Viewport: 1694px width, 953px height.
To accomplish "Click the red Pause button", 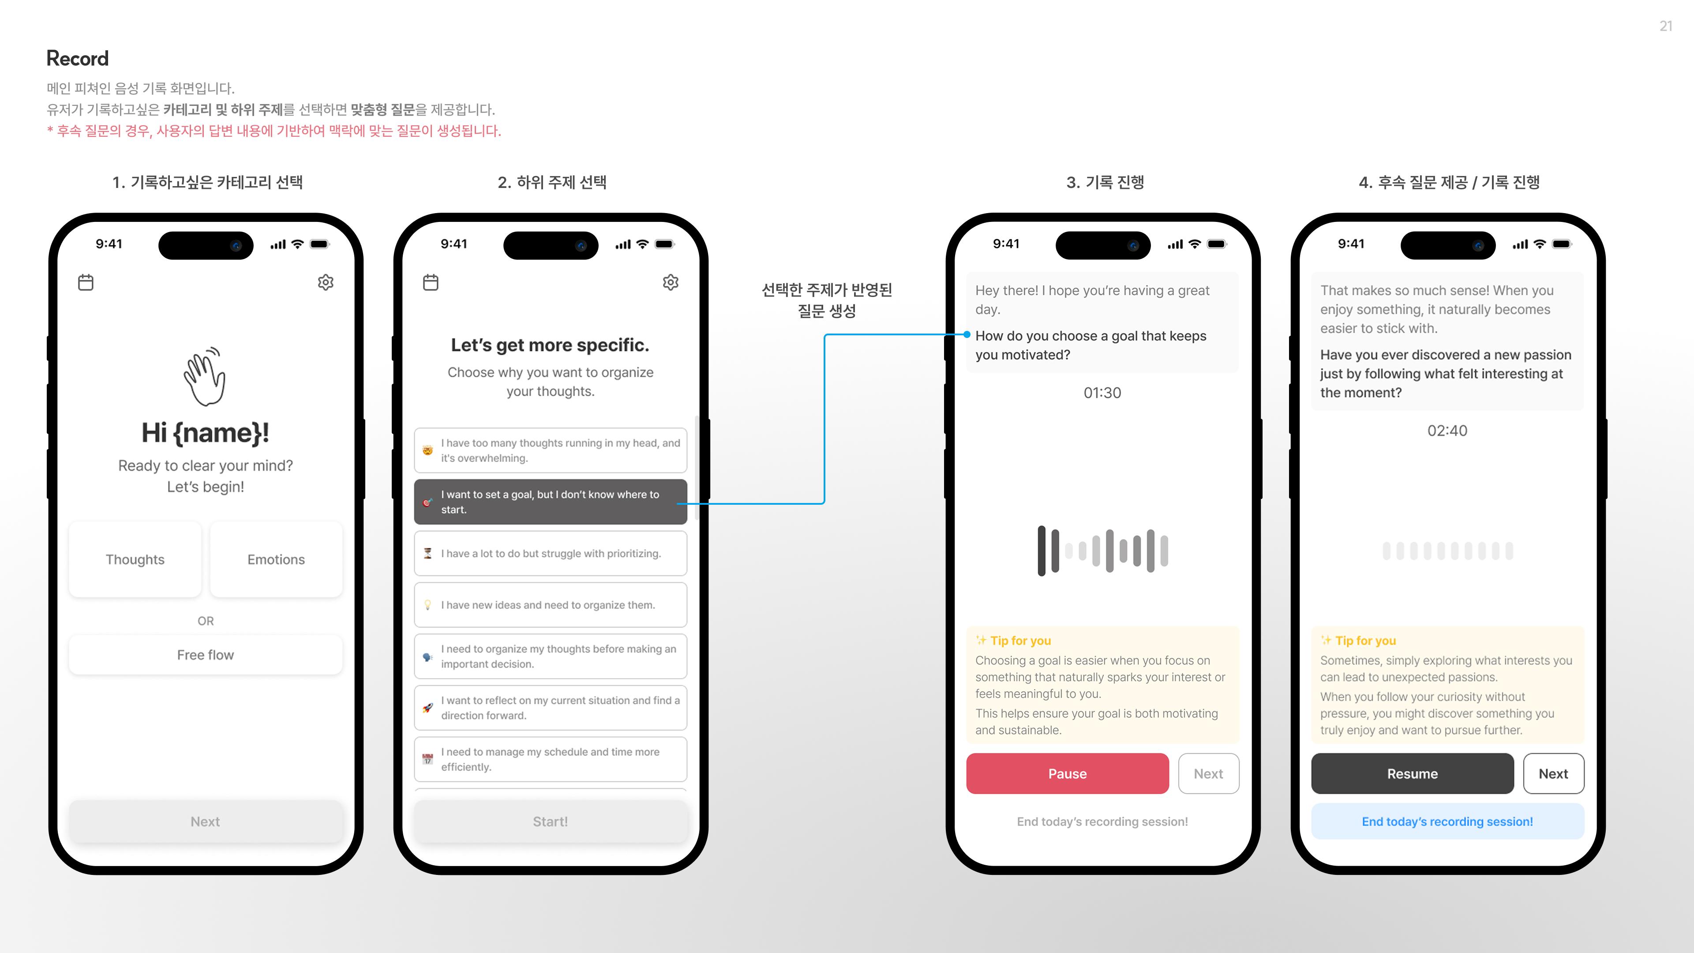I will [x=1067, y=773].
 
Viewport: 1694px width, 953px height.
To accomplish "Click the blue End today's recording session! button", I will [x=1447, y=822].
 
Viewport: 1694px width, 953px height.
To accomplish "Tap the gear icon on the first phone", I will [x=326, y=283].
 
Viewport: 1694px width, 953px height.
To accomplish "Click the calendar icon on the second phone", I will [x=431, y=283].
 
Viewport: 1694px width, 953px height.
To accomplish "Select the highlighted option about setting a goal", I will [x=550, y=502].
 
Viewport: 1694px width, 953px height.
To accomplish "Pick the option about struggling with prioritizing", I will [x=550, y=554].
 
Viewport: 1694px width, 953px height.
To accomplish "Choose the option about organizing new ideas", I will [x=550, y=605].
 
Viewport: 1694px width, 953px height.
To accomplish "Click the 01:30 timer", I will [x=1102, y=393].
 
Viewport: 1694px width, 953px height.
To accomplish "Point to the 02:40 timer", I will [x=1447, y=431].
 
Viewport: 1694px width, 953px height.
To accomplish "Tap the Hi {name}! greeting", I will [x=205, y=433].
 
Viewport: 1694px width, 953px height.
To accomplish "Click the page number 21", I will [x=1665, y=26].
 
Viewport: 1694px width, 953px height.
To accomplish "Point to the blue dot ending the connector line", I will [x=967, y=335].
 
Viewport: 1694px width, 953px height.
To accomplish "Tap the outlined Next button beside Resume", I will [x=1553, y=773].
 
